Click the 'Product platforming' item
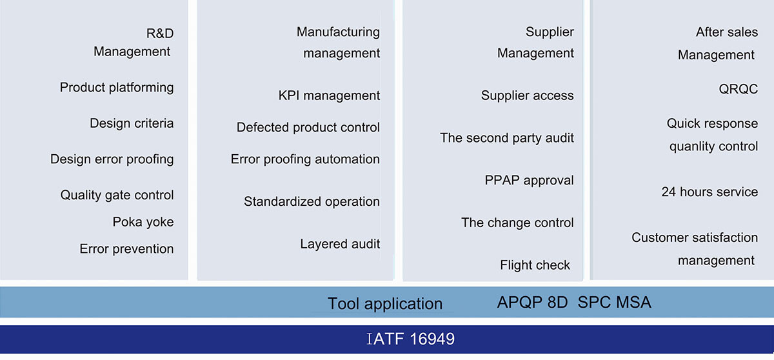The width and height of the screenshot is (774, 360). coord(117,87)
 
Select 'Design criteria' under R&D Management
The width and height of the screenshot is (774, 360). coord(132,123)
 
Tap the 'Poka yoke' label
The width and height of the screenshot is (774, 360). coord(143,222)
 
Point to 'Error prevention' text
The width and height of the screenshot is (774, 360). coord(126,249)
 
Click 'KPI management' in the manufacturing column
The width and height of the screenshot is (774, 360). coord(329,96)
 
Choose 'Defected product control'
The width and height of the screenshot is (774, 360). coord(308,128)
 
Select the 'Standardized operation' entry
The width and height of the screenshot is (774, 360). coord(312,202)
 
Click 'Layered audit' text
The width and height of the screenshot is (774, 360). coord(340,244)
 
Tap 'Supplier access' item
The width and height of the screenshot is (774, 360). coord(527,96)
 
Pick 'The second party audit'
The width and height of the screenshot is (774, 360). coord(507,138)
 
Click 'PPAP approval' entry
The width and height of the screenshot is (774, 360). coord(529,180)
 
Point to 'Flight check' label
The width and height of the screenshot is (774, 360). coord(535,265)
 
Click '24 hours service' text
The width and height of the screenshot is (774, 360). coord(709,192)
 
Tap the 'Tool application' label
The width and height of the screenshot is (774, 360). coord(385,304)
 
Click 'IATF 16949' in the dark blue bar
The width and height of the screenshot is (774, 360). coord(410,339)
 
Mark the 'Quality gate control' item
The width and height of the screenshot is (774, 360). coord(117,195)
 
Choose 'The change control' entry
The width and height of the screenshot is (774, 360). coord(517,223)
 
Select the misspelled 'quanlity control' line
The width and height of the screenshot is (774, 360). coord(713,146)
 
